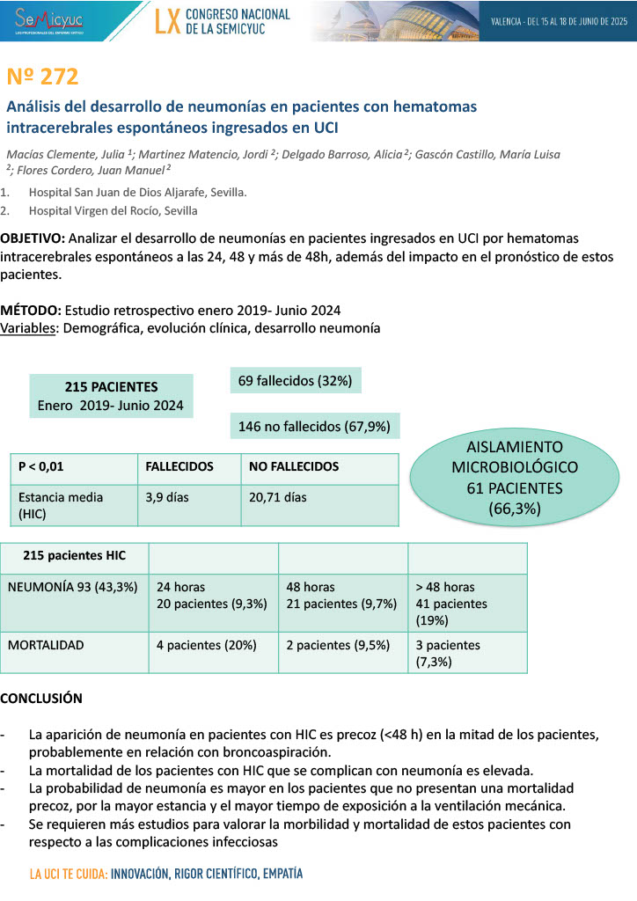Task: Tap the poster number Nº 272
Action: coord(42,77)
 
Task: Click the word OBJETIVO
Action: coord(32,238)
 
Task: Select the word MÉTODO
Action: coord(30,311)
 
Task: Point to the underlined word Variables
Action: coord(28,328)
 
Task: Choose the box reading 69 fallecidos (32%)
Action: coord(295,381)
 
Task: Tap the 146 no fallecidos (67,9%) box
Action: coord(314,426)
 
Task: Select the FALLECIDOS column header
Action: coord(179,466)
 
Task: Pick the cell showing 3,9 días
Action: coord(167,497)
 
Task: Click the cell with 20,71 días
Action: coord(277,497)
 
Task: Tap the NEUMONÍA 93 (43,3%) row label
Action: coord(72,587)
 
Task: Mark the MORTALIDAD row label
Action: coord(46,645)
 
